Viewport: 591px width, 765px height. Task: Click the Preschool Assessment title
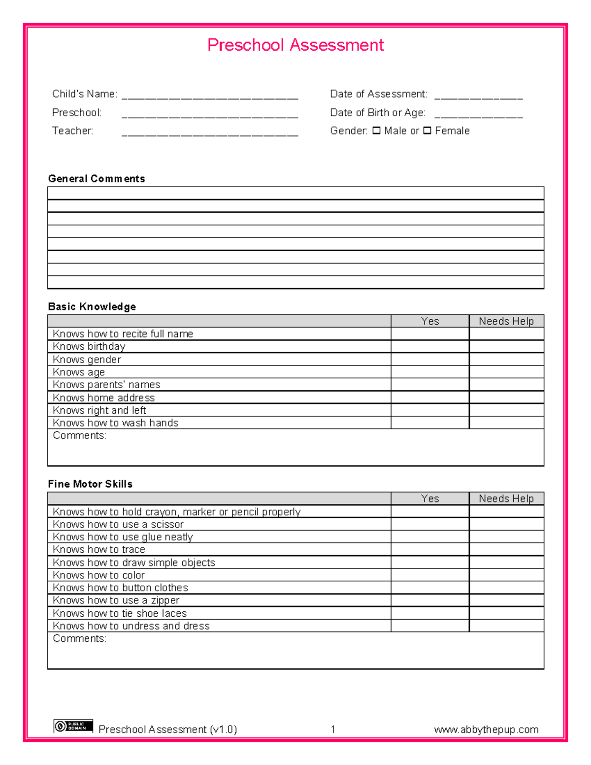tap(295, 45)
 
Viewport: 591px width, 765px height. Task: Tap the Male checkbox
tap(376, 131)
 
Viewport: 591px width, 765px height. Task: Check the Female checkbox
tap(427, 131)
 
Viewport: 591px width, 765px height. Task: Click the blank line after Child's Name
tap(209, 96)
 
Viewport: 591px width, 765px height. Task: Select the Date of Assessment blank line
tap(478, 96)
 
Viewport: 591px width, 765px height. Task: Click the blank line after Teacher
tap(209, 133)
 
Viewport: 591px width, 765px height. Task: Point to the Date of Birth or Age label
tap(377, 113)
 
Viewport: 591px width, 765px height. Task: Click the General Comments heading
tap(97, 179)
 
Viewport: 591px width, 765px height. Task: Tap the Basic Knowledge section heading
tap(92, 307)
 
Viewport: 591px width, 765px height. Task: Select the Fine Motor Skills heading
tap(90, 484)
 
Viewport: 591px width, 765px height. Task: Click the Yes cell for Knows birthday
tap(430, 347)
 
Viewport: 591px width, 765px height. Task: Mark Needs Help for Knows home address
tap(506, 398)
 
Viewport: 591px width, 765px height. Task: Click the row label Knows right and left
tap(99, 410)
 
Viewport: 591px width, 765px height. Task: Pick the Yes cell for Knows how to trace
tap(430, 550)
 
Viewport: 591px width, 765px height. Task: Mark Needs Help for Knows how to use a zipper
tap(506, 600)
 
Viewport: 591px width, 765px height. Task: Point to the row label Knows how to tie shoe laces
tap(120, 613)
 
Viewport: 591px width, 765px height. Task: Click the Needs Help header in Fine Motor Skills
tap(506, 499)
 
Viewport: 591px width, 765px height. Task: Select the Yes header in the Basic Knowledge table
tap(430, 321)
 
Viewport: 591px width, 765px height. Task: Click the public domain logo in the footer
tap(73, 726)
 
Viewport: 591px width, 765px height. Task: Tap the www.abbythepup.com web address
tap(486, 730)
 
